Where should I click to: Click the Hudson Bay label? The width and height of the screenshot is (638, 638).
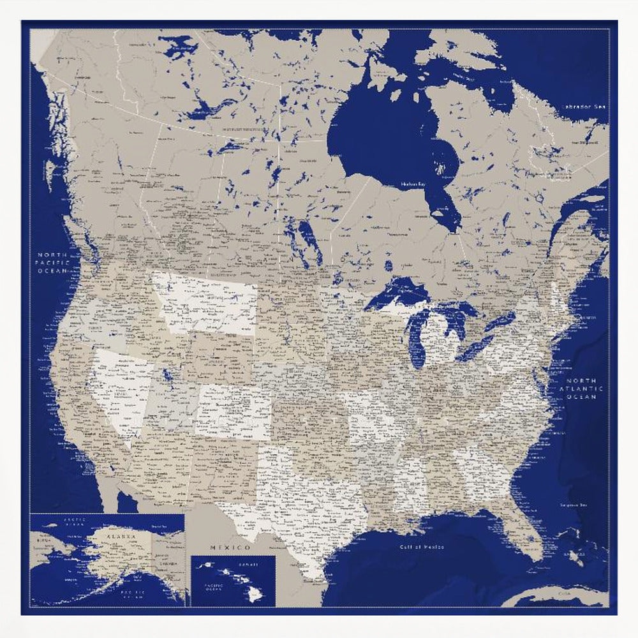(413, 184)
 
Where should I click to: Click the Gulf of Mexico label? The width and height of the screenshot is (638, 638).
(422, 547)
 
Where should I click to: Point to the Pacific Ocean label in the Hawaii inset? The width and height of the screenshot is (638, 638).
(209, 586)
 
